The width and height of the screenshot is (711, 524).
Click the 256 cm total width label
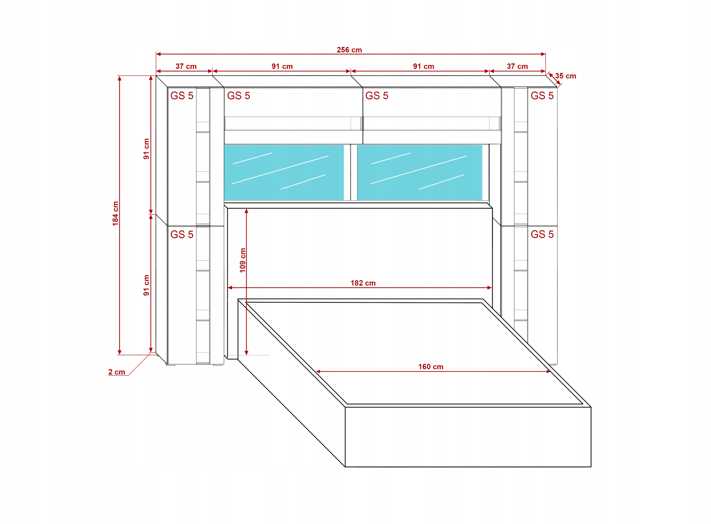point(349,50)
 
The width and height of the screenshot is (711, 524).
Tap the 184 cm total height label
point(115,213)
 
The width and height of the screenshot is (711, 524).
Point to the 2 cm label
point(117,372)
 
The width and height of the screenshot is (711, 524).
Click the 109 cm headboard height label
point(242,260)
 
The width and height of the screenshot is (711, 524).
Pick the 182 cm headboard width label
point(363,283)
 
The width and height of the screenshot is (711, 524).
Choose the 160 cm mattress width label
point(430,367)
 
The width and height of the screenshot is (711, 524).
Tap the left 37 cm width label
point(186,66)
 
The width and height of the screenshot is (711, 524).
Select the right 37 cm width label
point(517,66)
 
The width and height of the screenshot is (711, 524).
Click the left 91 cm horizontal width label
point(282,66)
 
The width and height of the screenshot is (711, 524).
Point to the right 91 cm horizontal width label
point(424,66)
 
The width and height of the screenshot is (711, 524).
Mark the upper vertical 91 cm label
point(146,149)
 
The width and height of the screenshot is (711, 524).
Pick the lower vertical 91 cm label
point(146,285)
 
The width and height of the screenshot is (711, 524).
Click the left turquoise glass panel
point(284,172)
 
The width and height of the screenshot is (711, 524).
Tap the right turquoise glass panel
point(419,172)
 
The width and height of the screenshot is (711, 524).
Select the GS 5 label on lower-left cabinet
point(182,234)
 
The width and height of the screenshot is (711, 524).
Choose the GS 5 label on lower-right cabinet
point(542,234)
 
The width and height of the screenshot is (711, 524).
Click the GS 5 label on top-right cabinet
point(542,96)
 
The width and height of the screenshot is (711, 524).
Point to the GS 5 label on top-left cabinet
point(182,96)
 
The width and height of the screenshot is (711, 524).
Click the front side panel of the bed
point(468,436)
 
